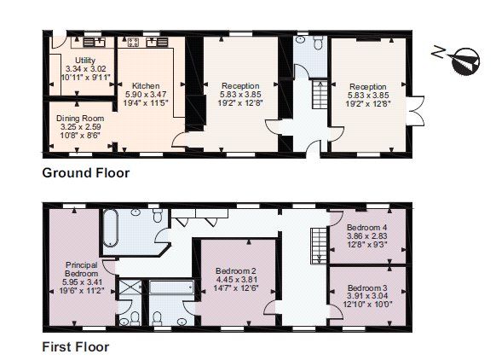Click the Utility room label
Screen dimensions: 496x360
[x=85, y=61]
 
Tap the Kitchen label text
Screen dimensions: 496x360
[x=146, y=86]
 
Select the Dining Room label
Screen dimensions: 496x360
[x=80, y=119]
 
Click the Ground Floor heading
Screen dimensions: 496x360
[x=86, y=173]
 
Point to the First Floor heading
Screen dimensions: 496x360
[x=76, y=347]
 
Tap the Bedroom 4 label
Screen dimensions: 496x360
[x=367, y=227]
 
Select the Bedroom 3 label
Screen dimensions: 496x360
[x=367, y=287]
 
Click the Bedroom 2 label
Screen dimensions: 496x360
[x=236, y=271]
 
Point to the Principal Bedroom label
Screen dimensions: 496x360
[x=81, y=269]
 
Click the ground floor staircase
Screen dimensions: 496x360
[x=320, y=95]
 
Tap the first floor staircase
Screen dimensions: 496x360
[x=319, y=246]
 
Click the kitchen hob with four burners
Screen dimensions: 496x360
[x=133, y=42]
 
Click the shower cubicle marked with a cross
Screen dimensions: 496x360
[x=130, y=287]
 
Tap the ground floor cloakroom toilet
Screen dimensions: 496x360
[x=318, y=42]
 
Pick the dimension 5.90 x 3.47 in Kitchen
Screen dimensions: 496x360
[x=146, y=95]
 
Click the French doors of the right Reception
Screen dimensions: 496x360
[x=416, y=111]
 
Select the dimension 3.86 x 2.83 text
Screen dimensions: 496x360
[x=367, y=236]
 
